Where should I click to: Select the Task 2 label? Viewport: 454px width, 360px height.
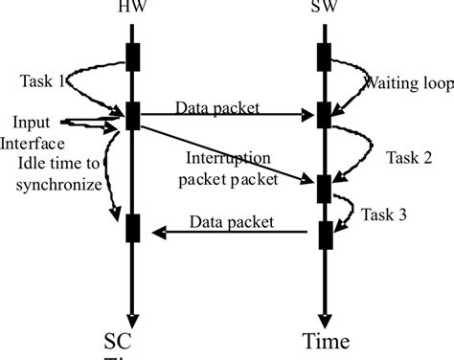pos(407,156)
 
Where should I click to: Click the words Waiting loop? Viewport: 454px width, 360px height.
pos(396,83)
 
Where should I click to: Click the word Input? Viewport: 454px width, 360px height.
pos(32,123)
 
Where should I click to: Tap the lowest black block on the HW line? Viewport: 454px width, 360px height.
pos(134,230)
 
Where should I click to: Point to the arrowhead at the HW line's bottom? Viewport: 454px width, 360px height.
pos(134,321)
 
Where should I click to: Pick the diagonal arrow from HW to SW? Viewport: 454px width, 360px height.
pos(225,149)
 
